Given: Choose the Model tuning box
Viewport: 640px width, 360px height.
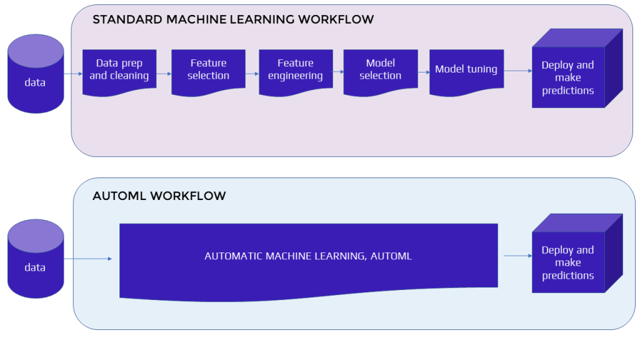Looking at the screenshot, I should click(x=466, y=69).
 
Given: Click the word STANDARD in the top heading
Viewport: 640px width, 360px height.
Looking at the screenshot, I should click(x=127, y=19).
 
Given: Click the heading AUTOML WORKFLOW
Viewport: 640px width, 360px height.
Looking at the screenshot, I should click(x=159, y=196).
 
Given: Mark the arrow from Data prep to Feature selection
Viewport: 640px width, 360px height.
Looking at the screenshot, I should click(x=164, y=74).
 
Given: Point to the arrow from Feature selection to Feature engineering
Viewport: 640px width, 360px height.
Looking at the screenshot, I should click(x=252, y=74).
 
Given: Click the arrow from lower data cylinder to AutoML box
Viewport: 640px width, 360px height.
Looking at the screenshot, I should click(x=87, y=258).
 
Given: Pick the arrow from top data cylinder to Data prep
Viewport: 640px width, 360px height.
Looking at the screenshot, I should click(x=72, y=74).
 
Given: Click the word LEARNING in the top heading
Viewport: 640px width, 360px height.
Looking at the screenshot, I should click(x=265, y=19).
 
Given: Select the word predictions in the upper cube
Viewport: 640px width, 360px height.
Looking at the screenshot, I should click(x=567, y=91).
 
